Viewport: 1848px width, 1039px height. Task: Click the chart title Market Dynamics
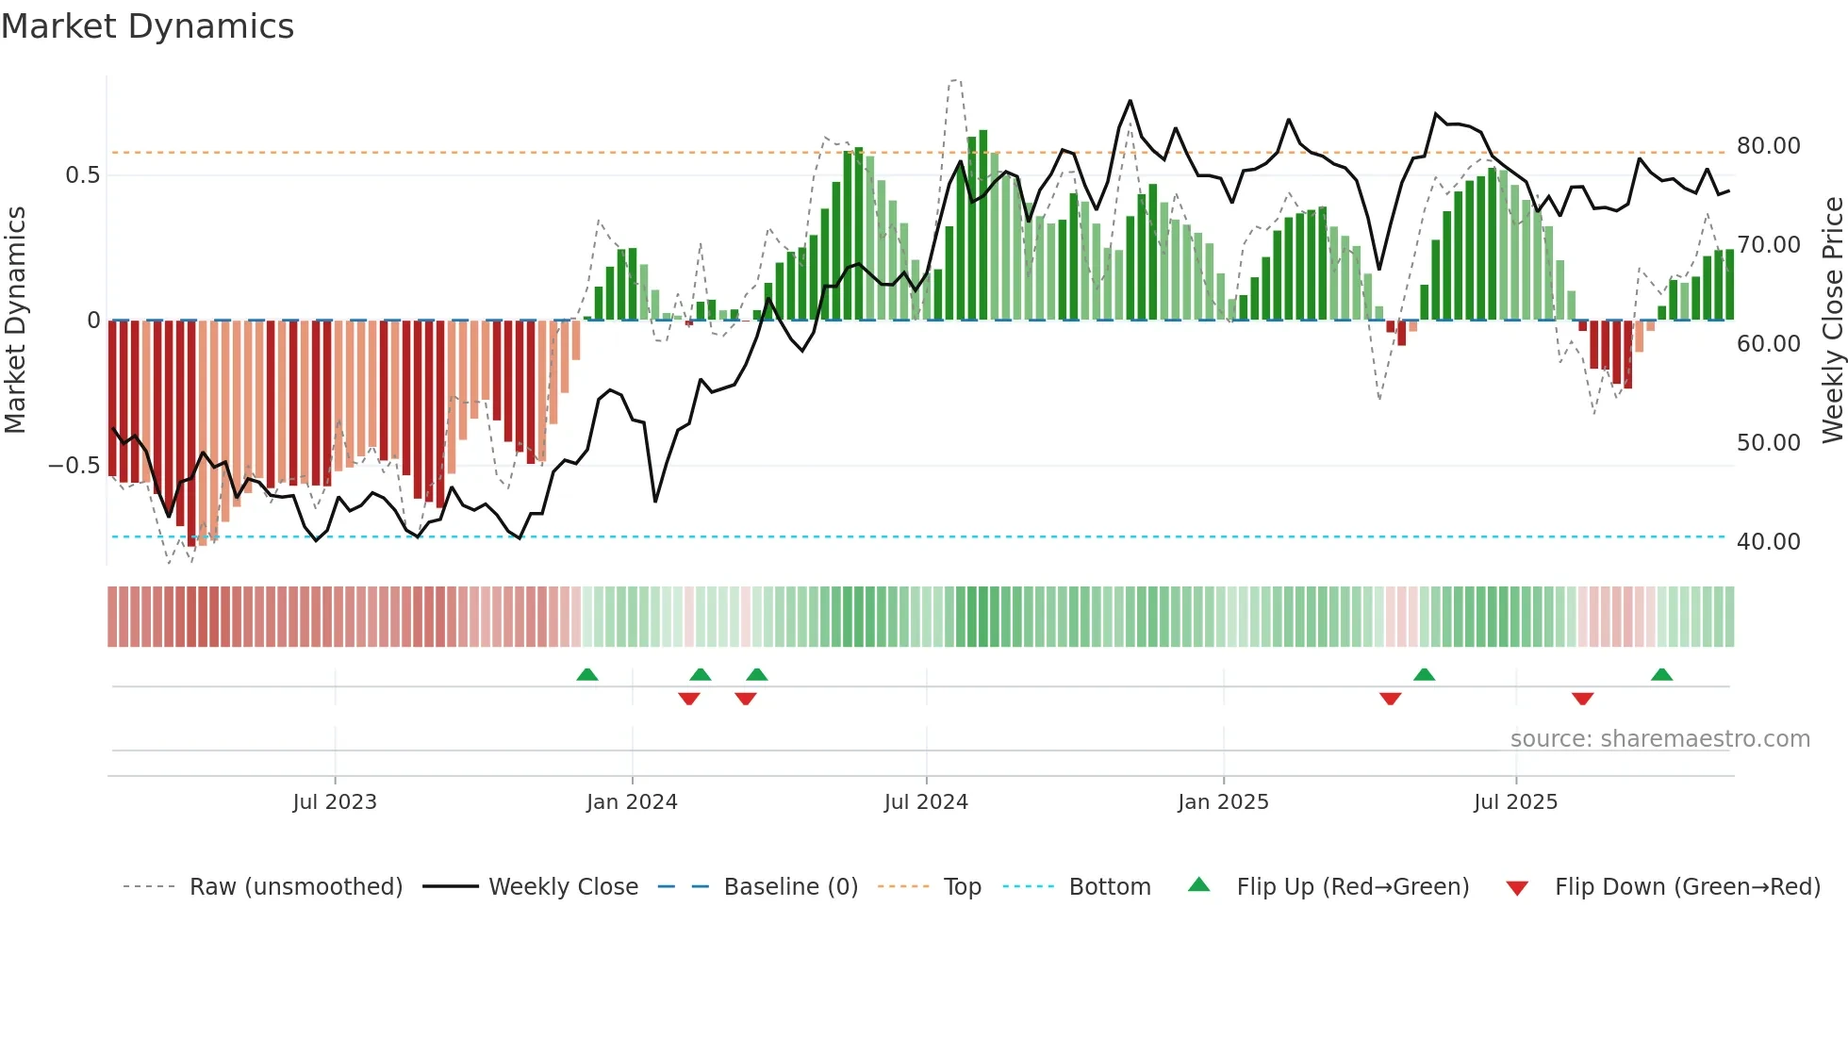coord(147,26)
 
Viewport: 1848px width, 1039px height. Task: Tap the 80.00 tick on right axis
coord(1768,146)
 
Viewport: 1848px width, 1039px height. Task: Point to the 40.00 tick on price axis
coord(1768,542)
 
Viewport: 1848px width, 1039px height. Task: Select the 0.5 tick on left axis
coord(82,175)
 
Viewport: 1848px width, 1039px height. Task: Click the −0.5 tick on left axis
coord(74,466)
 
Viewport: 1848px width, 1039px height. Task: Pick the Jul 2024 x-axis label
coord(926,802)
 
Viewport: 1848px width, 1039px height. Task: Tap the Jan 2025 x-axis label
coord(1223,802)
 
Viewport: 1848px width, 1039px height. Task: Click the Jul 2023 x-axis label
coord(335,802)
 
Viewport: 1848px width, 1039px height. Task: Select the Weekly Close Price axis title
coord(1832,321)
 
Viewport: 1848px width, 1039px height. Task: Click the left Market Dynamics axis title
coord(15,321)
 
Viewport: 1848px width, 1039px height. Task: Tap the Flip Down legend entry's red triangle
coord(1517,888)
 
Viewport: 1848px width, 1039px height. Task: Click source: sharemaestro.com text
coord(1659,739)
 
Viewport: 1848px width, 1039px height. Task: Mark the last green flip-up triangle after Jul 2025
coord(1661,674)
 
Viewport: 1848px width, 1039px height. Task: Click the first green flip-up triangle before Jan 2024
coord(587,674)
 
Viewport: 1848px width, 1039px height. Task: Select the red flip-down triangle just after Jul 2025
coord(1582,699)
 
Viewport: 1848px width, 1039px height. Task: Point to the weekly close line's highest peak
coord(1130,101)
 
